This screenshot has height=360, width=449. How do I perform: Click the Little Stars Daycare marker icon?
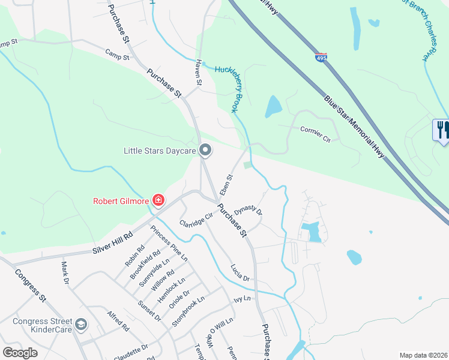coord(205,151)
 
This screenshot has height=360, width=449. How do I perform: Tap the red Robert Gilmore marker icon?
coord(158,200)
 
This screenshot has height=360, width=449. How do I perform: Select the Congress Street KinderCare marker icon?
coord(80,325)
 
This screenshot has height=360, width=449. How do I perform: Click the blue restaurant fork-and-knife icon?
coord(442,130)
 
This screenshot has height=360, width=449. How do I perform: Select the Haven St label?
coord(197,75)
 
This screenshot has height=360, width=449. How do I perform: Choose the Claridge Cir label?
coord(196,220)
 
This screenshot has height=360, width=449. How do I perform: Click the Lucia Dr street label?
coord(240,273)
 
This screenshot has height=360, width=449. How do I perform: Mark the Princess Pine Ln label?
coord(169,243)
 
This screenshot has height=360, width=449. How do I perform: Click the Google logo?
coord(20,353)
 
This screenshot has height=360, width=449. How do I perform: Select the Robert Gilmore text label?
coord(120,201)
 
